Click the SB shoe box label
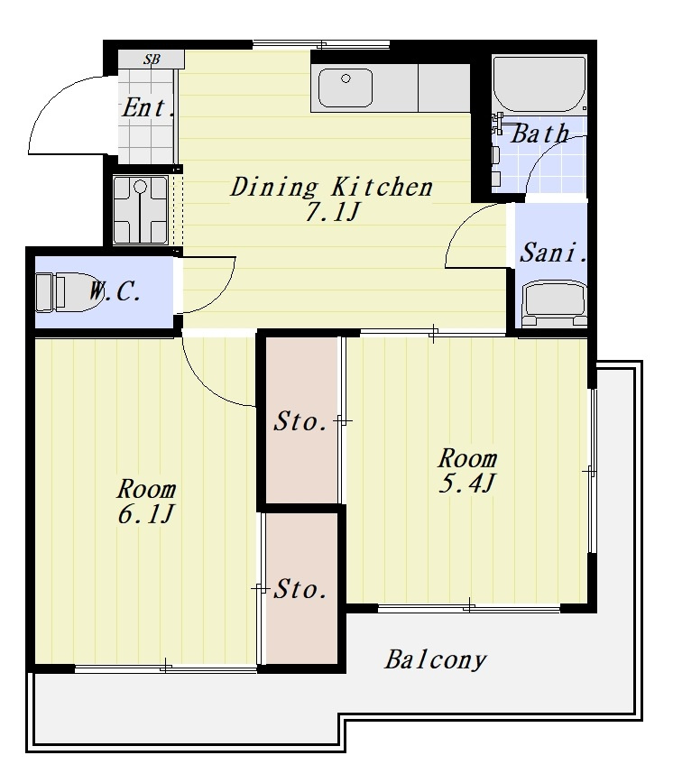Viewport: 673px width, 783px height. [x=152, y=60]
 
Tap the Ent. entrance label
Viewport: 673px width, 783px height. [x=148, y=107]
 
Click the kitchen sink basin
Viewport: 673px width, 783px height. [x=346, y=88]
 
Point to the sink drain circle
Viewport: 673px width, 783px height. [x=346, y=78]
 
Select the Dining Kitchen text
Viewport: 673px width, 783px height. [x=330, y=187]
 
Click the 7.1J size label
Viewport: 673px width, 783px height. [x=332, y=213]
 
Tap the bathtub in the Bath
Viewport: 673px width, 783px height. [x=539, y=83]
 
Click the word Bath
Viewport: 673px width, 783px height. [x=539, y=134]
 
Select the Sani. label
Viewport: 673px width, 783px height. [x=553, y=253]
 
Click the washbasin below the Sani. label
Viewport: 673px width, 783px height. [x=554, y=304]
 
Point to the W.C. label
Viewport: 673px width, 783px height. [x=115, y=291]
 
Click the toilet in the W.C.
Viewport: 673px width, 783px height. [x=68, y=292]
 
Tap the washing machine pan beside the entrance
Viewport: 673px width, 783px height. [x=141, y=209]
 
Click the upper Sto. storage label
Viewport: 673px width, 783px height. [x=300, y=421]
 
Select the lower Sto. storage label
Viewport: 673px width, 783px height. [x=300, y=589]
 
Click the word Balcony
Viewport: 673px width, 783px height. [x=435, y=659]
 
